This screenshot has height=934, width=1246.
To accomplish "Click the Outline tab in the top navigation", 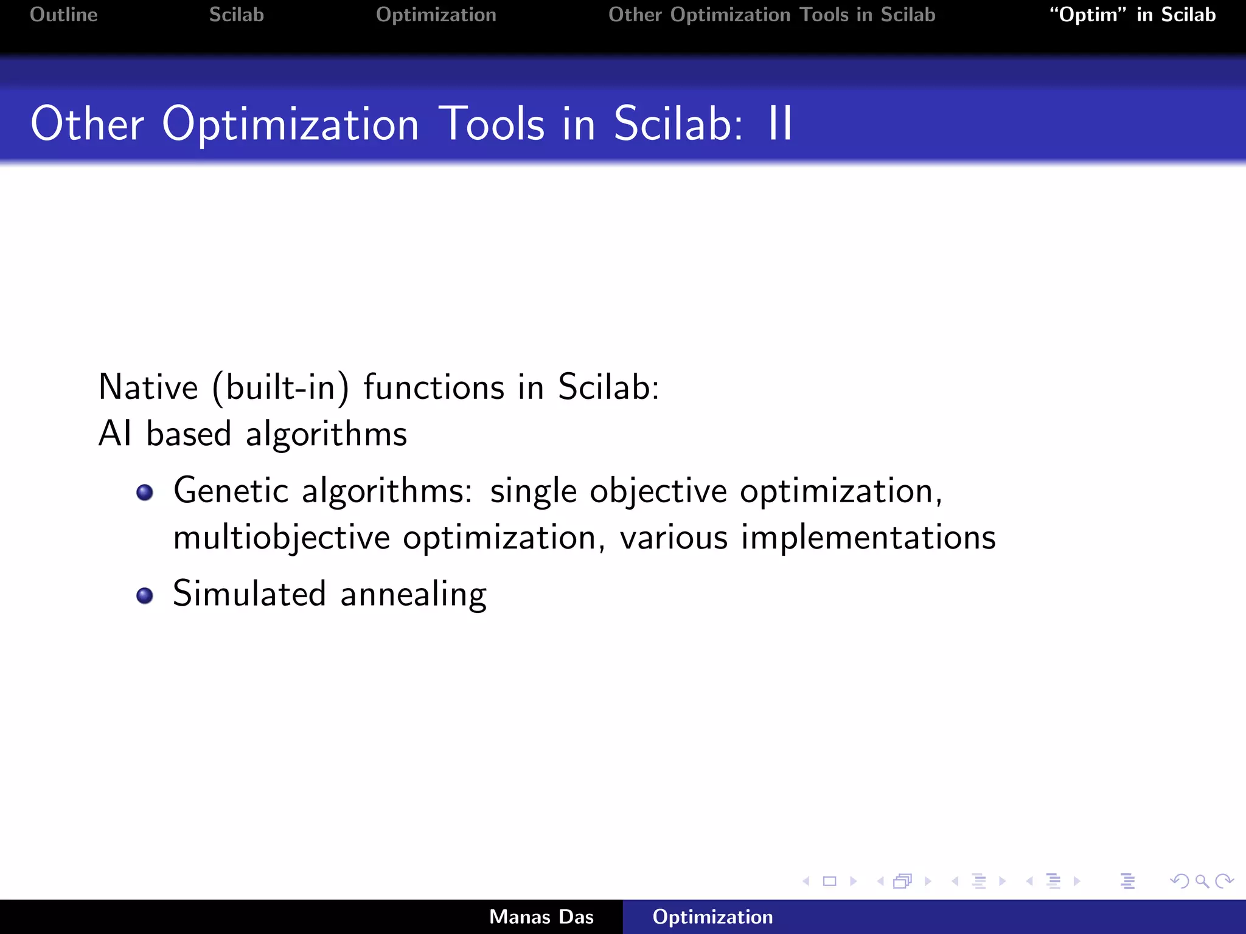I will click(63, 15).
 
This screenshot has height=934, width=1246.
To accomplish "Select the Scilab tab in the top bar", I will click(236, 15).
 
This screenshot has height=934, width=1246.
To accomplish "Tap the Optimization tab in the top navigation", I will click(436, 15).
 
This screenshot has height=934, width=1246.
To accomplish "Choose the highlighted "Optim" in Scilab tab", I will click(1132, 15).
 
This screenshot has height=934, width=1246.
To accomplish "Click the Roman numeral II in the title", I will click(779, 124).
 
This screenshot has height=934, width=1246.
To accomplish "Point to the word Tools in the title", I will click(491, 124).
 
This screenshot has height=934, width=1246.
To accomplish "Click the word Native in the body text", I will click(148, 387).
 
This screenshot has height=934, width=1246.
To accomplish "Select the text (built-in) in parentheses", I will click(280, 387).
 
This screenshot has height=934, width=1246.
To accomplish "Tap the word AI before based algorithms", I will click(115, 434).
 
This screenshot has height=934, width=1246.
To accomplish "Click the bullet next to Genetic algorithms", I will click(145, 492).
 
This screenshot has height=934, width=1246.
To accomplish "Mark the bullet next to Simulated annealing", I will click(145, 595).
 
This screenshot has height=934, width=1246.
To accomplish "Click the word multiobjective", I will click(281, 538).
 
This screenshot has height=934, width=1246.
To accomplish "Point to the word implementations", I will click(868, 538).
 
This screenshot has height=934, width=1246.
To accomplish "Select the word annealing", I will click(413, 595).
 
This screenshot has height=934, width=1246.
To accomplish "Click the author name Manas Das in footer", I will click(541, 917).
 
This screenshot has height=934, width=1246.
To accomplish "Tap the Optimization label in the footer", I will click(712, 917).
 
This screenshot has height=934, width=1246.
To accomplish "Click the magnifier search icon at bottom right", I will click(1202, 881).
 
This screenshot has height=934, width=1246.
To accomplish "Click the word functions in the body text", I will click(434, 387).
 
